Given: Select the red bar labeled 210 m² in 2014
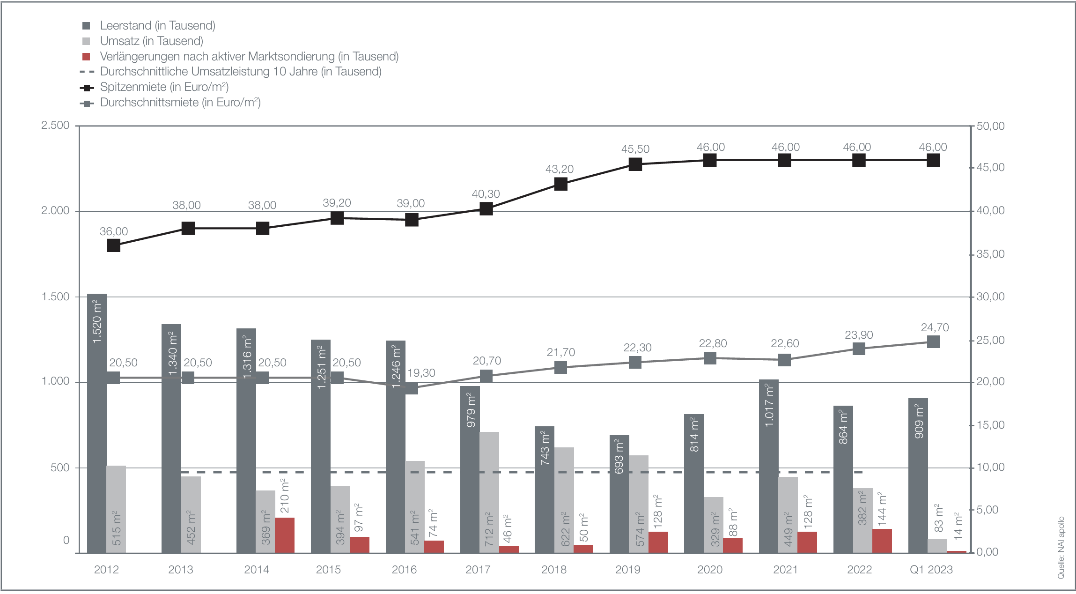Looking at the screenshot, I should click(285, 535).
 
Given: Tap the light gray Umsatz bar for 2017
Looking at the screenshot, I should click(489, 492).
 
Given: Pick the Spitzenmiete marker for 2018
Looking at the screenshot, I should click(561, 184).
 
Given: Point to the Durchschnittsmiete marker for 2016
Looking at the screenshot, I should click(412, 388).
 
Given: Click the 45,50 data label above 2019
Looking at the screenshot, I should click(635, 149).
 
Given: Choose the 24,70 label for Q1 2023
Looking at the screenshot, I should click(935, 327).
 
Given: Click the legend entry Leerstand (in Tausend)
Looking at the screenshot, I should click(157, 26).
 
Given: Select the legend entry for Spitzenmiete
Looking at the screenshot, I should click(164, 87).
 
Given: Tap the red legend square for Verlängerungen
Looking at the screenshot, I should click(86, 57).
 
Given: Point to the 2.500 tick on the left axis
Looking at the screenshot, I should click(55, 126).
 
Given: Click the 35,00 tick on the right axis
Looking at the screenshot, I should click(990, 254).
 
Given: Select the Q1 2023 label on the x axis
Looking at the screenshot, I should click(931, 570).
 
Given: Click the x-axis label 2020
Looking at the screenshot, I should click(709, 570).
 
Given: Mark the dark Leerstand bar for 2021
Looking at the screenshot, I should click(768, 466).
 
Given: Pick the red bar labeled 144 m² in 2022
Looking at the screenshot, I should click(882, 541).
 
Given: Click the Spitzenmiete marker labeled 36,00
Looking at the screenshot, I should click(114, 245).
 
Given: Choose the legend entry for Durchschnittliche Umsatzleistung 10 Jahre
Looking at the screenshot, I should click(241, 72).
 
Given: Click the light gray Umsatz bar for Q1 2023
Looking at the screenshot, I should click(937, 546).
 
